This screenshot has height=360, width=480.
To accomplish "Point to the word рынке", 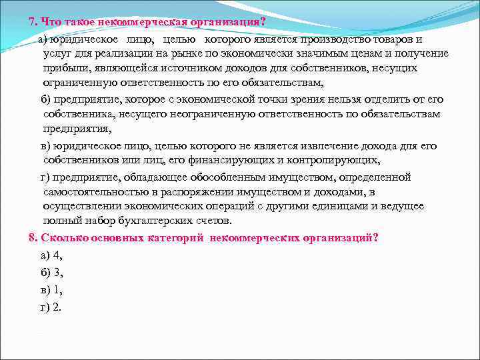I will (x=187, y=53).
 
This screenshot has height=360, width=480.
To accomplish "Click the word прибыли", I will (x=63, y=69).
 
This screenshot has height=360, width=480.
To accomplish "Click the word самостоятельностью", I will (x=90, y=192).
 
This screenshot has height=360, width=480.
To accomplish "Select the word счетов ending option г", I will (x=213, y=221).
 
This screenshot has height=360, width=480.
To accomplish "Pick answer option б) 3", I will (x=51, y=272).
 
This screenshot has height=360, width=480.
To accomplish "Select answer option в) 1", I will (x=51, y=290).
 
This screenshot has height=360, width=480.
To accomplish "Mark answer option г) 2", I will (x=51, y=307).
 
